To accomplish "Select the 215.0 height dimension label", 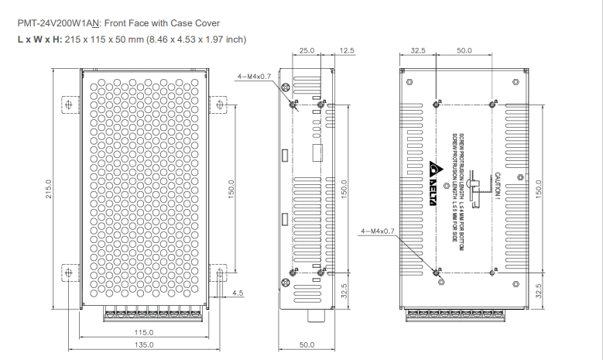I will point(48,190).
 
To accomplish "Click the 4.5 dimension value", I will point(238,293).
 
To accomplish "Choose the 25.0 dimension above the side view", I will point(307,50).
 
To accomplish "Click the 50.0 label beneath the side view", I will point(307,345).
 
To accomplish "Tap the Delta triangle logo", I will point(433,168).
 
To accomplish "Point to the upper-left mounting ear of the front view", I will point(69,105).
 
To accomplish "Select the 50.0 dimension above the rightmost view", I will point(464,50).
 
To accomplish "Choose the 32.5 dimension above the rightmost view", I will point(418,50).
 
